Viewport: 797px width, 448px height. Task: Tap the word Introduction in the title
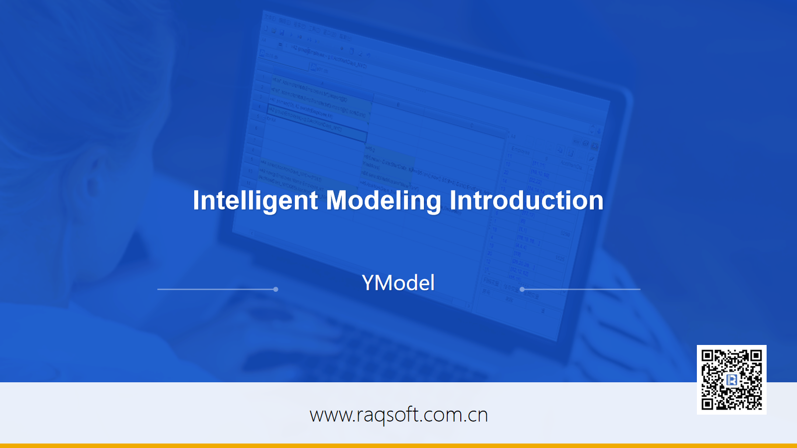click(x=527, y=201)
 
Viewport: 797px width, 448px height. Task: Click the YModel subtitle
click(x=398, y=283)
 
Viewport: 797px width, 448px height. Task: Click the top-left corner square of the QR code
click(x=707, y=355)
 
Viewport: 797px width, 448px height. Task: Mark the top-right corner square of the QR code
click(x=756, y=355)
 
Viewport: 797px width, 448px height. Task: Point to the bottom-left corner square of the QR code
click(x=707, y=404)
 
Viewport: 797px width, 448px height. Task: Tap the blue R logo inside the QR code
click(x=732, y=380)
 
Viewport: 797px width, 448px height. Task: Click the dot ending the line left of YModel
click(x=276, y=289)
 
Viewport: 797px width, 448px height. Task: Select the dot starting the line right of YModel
click(x=522, y=289)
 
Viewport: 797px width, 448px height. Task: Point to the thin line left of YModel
click(x=216, y=289)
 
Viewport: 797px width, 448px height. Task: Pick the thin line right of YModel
click(x=581, y=289)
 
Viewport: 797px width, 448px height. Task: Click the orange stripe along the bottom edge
click(x=398, y=446)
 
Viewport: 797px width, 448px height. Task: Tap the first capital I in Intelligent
click(x=196, y=200)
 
